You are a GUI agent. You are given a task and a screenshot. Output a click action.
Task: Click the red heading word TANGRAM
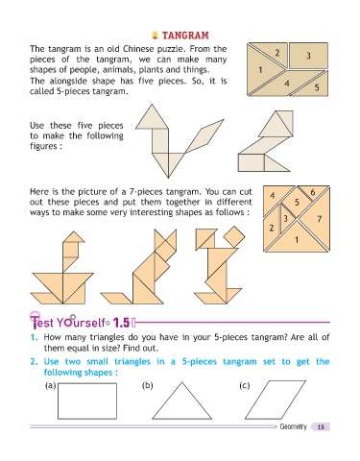click(x=185, y=36)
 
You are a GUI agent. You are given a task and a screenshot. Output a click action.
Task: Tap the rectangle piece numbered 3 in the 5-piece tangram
click(x=308, y=56)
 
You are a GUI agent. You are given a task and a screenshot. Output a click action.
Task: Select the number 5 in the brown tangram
click(x=317, y=86)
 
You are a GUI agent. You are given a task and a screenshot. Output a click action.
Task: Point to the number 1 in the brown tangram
click(x=260, y=69)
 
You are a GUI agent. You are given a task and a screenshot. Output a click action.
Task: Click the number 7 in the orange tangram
click(x=319, y=219)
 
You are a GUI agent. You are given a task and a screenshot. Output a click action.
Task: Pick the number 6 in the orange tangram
click(x=313, y=192)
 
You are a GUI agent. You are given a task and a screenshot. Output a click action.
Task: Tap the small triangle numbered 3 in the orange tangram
click(x=285, y=218)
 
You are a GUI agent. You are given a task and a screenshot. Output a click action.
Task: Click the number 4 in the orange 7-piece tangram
click(x=273, y=195)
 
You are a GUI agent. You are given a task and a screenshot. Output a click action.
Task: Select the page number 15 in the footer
click(x=321, y=426)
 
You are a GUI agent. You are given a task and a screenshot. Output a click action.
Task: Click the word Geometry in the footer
click(x=293, y=426)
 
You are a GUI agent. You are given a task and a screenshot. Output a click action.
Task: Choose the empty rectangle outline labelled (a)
click(x=87, y=401)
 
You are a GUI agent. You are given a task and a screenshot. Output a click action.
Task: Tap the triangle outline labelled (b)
click(x=182, y=400)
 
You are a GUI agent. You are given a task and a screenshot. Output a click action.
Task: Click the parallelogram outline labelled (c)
click(x=276, y=400)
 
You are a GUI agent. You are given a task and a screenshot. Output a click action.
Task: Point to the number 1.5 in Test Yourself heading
click(x=121, y=323)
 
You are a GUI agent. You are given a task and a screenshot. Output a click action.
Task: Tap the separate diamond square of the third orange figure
click(x=234, y=237)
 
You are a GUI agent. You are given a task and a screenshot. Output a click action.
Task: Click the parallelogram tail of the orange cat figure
click(x=116, y=298)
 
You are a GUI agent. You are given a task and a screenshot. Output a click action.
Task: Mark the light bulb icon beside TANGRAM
click(x=155, y=35)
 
